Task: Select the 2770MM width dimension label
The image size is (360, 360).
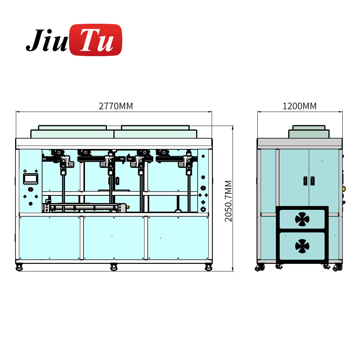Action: click(116, 106)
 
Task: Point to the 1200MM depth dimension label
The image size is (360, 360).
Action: click(300, 106)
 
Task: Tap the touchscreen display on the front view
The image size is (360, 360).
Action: click(30, 179)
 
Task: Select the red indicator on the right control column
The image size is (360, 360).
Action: click(203, 188)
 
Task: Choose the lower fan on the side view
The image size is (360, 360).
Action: click(302, 246)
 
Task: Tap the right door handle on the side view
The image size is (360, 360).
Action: click(312, 181)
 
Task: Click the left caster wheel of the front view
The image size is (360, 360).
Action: click(19, 267)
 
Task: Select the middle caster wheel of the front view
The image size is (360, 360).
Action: click(114, 267)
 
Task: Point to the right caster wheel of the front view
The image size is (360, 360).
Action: click(208, 267)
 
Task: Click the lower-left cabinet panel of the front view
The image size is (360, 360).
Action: click(50, 238)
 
